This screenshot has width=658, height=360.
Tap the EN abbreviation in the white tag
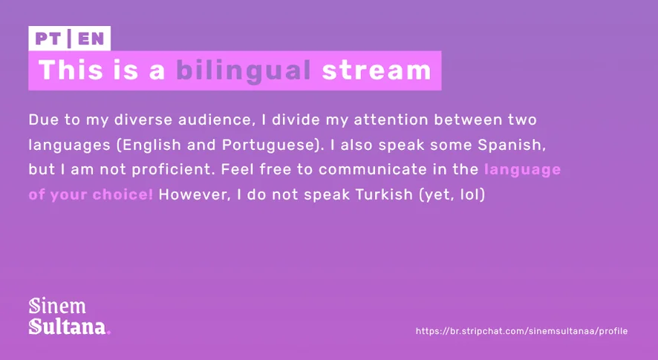point(91,39)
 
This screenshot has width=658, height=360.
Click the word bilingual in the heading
point(244,71)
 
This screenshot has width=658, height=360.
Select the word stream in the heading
point(377,70)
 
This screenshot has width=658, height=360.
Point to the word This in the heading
point(71,70)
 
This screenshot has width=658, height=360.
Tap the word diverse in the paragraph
point(143,120)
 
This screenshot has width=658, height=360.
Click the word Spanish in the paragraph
point(512,145)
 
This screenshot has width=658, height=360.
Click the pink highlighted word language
point(522,170)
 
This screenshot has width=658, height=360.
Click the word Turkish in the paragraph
point(384,194)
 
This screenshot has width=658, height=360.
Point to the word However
point(195,194)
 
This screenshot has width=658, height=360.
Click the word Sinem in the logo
point(57,306)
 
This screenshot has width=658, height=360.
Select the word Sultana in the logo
point(67,327)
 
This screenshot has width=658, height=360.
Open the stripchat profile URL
point(521,331)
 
